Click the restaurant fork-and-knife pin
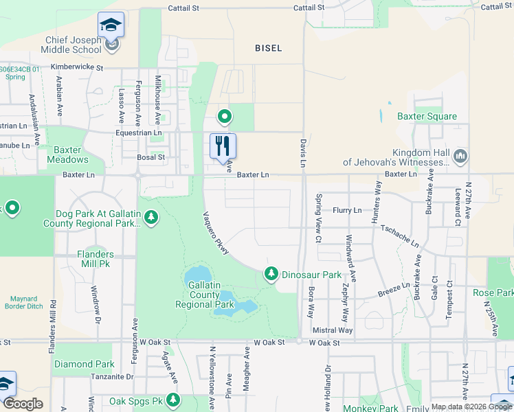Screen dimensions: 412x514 pos(223,145)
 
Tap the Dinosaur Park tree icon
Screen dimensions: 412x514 pos(271,275)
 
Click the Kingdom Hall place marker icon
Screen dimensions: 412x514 pos(460,157)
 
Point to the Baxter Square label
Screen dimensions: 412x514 pos(427,116)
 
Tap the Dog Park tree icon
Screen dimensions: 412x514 pos(150,218)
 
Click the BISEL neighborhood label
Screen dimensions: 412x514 pos(268,47)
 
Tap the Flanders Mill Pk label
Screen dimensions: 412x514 pos(95,258)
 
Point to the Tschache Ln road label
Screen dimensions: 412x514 pos(399,236)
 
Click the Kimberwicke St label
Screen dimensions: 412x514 pos(71,68)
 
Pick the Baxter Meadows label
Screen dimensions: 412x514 pos(67,154)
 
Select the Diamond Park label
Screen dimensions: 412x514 pos(85,364)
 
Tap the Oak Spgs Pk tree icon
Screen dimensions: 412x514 pos(173,399)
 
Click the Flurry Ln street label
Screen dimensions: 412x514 pos(347,210)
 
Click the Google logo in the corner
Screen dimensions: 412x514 pos(23,404)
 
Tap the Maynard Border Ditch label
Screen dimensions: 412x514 pos(27,303)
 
